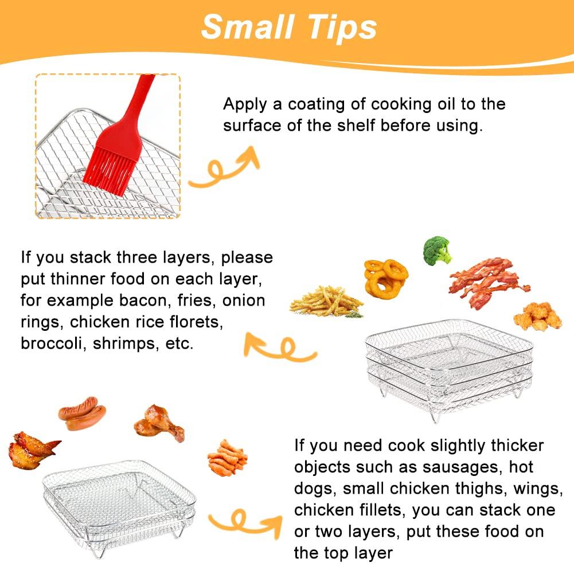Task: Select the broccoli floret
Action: [437, 249]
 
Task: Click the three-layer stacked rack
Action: [449, 367]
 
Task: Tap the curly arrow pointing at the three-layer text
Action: [281, 347]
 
